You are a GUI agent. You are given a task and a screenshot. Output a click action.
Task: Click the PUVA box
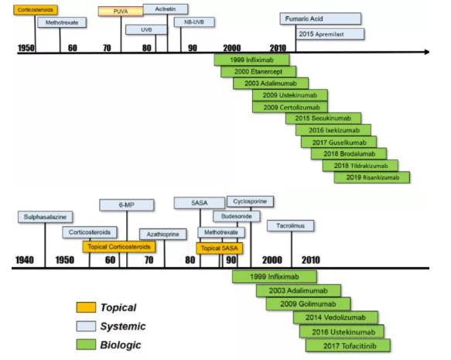(121, 11)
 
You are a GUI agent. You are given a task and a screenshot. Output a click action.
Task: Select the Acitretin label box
(166, 9)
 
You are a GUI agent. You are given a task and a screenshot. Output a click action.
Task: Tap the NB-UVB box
(194, 22)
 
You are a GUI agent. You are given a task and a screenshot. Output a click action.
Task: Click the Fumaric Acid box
(320, 19)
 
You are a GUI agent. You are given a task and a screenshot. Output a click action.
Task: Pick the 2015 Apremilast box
(330, 34)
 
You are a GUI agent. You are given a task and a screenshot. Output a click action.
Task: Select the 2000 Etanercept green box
(258, 72)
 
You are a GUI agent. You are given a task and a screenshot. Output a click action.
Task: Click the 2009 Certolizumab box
(290, 107)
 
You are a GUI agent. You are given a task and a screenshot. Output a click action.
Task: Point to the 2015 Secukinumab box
(323, 118)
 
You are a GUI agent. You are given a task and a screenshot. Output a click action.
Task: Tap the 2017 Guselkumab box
(339, 142)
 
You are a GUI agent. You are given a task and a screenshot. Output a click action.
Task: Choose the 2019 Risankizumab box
(372, 177)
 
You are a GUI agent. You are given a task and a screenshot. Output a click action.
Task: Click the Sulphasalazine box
(45, 217)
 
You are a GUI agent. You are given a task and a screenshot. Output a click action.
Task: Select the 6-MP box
(127, 205)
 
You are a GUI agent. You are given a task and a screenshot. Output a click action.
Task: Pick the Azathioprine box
(162, 235)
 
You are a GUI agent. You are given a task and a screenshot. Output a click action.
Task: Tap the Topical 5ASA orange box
(220, 249)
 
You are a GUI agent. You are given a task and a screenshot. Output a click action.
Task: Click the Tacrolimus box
(291, 226)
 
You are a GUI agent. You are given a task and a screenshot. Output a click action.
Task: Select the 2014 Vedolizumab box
(336, 317)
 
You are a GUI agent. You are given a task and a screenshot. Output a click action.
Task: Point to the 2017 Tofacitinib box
(348, 345)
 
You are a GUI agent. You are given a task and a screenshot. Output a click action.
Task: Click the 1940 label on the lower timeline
(25, 260)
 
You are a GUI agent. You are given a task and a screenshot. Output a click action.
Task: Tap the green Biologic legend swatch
(86, 345)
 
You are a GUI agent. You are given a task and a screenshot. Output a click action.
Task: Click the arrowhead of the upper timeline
(427, 52)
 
